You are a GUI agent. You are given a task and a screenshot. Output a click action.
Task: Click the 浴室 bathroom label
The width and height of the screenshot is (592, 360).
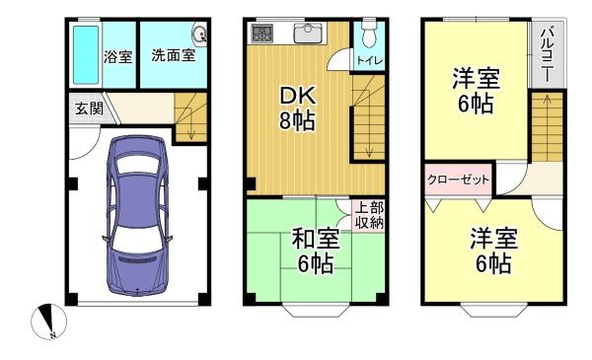point(117,57)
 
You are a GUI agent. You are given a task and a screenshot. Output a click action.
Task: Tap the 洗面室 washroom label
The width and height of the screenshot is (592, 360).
point(174,55)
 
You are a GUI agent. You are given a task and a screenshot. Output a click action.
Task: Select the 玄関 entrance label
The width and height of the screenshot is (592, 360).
point(89,108)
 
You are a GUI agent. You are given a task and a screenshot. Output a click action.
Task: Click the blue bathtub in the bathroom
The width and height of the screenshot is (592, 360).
point(86,54)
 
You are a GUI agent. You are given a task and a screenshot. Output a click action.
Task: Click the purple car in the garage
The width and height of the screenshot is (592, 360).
point(137,216)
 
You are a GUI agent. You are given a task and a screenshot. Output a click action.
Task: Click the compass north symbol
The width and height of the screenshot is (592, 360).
point(48,322)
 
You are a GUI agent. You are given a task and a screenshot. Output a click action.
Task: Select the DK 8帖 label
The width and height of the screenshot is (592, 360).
point(297,108)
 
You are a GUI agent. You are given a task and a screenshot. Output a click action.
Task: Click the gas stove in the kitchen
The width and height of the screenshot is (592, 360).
point(262,33)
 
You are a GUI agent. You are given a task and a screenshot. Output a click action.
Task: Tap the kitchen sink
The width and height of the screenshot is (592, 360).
point(308,34)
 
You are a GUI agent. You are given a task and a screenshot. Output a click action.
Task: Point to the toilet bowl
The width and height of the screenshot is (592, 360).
point(368,35)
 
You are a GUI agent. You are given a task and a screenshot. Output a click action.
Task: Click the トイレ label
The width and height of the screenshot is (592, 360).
point(370,60)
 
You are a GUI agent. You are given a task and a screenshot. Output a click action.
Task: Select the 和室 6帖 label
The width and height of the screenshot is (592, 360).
point(316,251)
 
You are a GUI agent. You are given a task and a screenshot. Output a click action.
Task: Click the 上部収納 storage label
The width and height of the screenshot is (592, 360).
point(370,215)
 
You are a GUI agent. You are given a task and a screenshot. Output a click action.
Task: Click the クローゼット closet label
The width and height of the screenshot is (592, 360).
point(458,180)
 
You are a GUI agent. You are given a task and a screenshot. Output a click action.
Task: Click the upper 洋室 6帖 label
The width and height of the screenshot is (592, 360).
point(477,90)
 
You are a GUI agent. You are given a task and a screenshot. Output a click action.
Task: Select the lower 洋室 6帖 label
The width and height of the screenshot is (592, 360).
point(494,250)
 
